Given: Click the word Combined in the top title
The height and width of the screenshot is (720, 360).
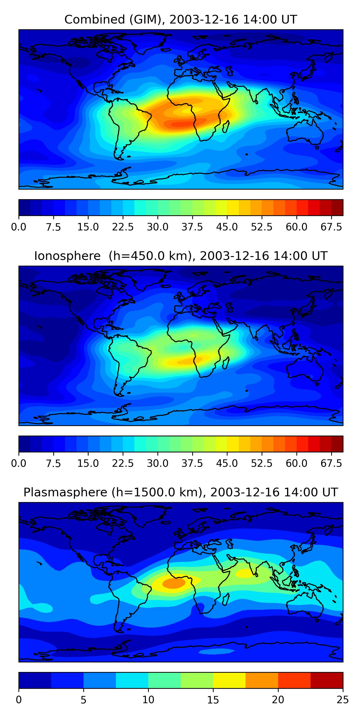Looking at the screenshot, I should (95, 20).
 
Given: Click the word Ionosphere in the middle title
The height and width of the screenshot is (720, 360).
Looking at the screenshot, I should (67, 256).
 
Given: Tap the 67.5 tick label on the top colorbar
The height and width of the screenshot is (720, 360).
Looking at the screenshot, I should (331, 227).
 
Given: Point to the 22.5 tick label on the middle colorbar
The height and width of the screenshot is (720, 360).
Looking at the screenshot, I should (123, 463).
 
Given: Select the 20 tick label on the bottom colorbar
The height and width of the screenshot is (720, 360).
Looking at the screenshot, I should (278, 700).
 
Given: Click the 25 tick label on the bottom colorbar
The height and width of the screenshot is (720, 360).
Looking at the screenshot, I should (343, 700).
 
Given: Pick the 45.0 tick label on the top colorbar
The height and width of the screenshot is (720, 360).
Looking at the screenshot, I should (227, 227).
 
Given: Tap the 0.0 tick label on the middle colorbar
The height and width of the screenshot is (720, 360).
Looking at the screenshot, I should (19, 463).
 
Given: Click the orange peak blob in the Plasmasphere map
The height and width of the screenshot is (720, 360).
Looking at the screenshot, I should (174, 584).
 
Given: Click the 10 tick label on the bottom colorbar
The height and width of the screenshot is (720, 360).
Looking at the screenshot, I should (148, 700).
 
